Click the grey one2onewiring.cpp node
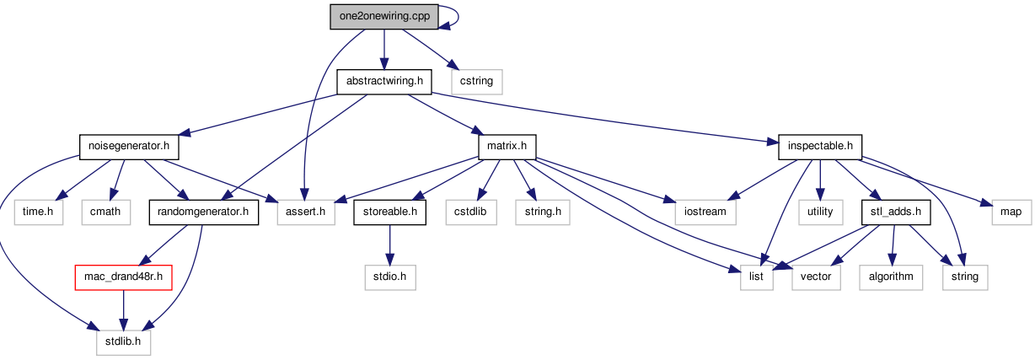click(x=384, y=17)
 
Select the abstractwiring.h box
click(x=384, y=82)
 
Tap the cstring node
click(x=476, y=82)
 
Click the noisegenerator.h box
click(x=129, y=147)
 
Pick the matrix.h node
click(x=507, y=147)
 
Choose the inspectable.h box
click(x=820, y=147)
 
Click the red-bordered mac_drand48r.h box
click(x=123, y=277)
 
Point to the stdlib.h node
click(x=123, y=342)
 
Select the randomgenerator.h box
click(x=203, y=212)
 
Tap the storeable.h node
click(x=389, y=212)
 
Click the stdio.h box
click(x=390, y=277)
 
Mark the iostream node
click(x=705, y=212)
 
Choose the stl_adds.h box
click(x=895, y=212)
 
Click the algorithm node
click(x=891, y=277)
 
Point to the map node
click(x=1011, y=212)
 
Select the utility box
click(x=820, y=212)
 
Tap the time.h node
click(x=39, y=212)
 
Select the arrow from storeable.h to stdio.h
click(x=389, y=245)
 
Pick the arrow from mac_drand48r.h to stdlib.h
click(x=123, y=310)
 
